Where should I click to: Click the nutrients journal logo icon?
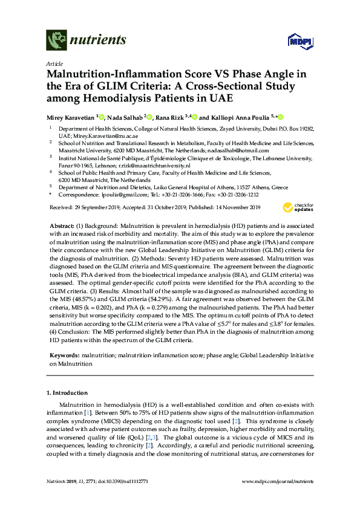point(56,40)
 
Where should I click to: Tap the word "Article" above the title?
point(54,63)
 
